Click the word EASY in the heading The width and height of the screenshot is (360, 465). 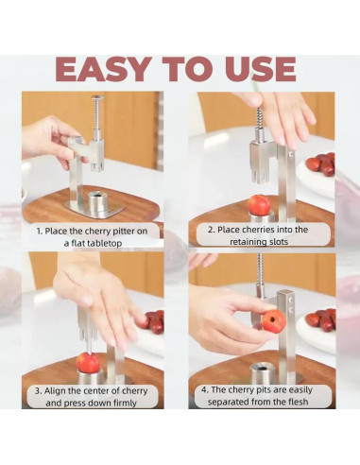pyautogui.click(x=102, y=69)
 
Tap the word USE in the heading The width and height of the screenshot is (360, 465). pyautogui.click(x=261, y=69)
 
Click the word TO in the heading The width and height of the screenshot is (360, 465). pyautogui.click(x=187, y=69)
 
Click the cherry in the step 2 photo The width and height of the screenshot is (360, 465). pyautogui.click(x=259, y=204)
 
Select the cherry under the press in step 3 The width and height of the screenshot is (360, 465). pyautogui.click(x=88, y=362)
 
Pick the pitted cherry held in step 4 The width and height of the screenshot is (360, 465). pyautogui.click(x=273, y=321)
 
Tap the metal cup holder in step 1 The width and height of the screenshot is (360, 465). pyautogui.click(x=97, y=201)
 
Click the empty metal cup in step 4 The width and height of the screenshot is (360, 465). pyautogui.click(x=263, y=372)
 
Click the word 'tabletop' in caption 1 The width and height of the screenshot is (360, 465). pyautogui.click(x=105, y=244)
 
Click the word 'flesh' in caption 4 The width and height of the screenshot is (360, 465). pyautogui.click(x=298, y=402)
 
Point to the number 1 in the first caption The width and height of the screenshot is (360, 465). pyautogui.click(x=39, y=232)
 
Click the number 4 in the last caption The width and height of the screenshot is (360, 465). pyautogui.click(x=205, y=390)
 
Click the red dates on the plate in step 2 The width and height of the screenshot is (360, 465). pyautogui.click(x=325, y=164)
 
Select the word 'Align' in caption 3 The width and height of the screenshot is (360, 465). pyautogui.click(x=55, y=391)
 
